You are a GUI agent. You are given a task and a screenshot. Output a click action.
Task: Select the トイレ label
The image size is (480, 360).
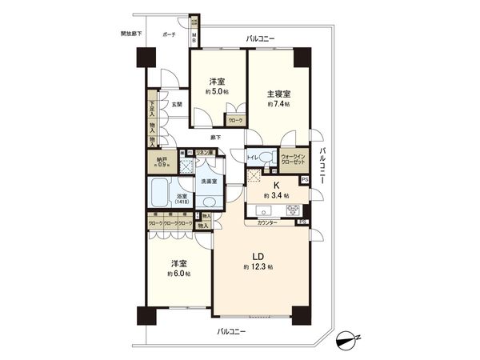pyautogui.click(x=252, y=157)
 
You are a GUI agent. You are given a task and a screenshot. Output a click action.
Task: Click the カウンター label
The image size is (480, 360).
pyautogui.click(x=268, y=222)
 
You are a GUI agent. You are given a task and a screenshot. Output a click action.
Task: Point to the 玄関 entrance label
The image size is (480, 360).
pyautogui.click(x=175, y=104)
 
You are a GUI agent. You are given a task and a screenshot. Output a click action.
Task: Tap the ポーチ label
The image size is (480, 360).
pyautogui.click(x=169, y=35)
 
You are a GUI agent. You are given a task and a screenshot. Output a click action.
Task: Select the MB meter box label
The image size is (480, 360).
pyautogui.click(x=194, y=37)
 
